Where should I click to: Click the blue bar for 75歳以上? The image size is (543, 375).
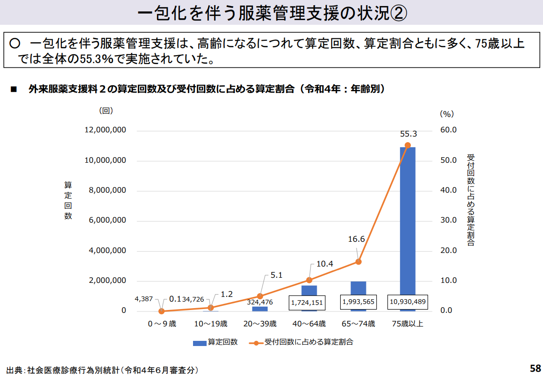click(x=407, y=220)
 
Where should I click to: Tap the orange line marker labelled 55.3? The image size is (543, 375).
click(x=407, y=145)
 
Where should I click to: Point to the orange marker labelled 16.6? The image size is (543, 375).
click(x=358, y=261)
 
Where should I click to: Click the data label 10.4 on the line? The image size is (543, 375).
click(x=324, y=264)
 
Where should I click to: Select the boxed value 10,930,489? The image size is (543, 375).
click(x=407, y=302)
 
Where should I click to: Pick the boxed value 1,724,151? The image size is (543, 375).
click(x=307, y=303)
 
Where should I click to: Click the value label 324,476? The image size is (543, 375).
click(x=260, y=302)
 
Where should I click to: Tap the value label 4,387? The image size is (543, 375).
click(x=143, y=299)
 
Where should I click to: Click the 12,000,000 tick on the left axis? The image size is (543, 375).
click(x=105, y=130)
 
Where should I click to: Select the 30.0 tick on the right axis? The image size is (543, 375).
click(x=448, y=220)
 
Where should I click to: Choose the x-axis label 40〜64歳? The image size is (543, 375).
click(x=309, y=324)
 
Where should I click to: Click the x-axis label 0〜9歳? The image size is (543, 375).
click(x=162, y=324)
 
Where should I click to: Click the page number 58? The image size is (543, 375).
click(x=535, y=368)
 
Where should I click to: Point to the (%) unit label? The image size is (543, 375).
click(x=446, y=114)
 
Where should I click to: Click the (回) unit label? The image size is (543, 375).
click(x=106, y=111)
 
